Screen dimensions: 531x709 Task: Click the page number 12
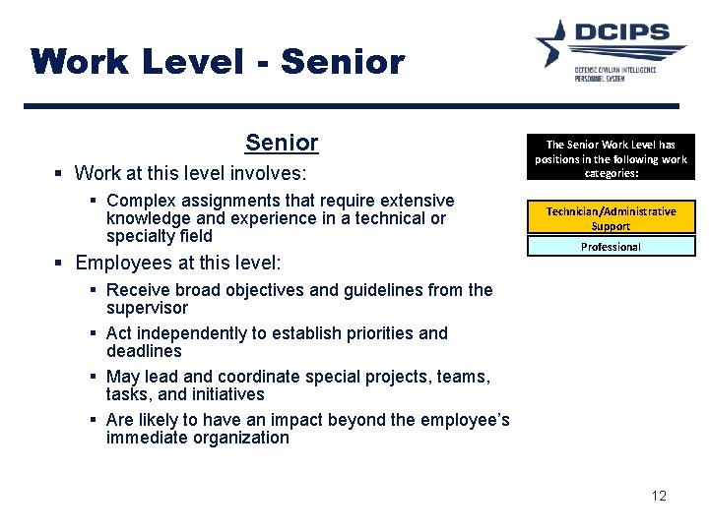[x=659, y=496]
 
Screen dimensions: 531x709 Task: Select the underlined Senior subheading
[x=282, y=143]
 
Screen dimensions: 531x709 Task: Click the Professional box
[x=611, y=247]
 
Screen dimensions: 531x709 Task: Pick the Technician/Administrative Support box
[x=611, y=218]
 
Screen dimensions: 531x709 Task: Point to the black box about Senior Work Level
[x=611, y=157]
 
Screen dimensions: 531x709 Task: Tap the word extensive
[x=411, y=201]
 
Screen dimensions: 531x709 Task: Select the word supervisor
[x=147, y=308]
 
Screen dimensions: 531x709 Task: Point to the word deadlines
[x=144, y=351]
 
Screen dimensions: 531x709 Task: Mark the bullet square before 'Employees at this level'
[x=59, y=264]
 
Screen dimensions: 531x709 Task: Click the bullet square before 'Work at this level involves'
[x=59, y=174]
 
